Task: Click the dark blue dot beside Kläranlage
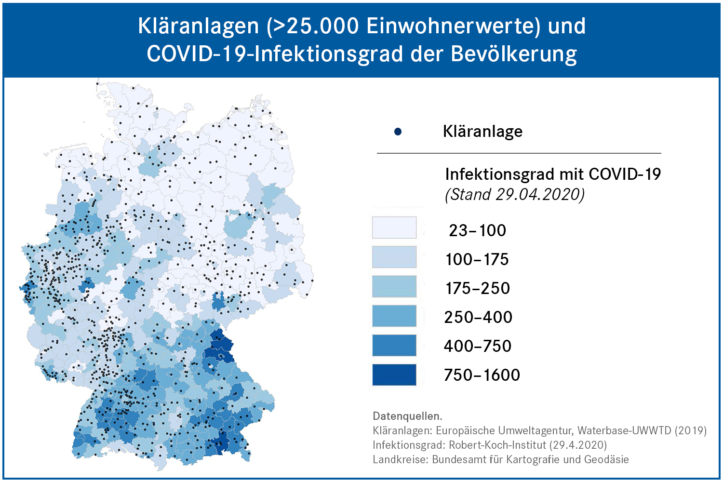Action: click(398, 132)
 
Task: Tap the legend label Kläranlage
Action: click(482, 132)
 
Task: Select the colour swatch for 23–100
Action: click(394, 228)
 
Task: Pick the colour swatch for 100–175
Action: click(394, 257)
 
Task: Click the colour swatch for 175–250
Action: click(394, 286)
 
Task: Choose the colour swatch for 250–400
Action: click(394, 316)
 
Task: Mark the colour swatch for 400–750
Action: click(394, 345)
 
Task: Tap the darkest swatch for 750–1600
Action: click(394, 375)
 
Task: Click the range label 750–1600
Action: click(482, 375)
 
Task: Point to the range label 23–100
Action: click(477, 230)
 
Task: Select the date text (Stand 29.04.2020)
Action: click(514, 195)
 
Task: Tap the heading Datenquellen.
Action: click(407, 416)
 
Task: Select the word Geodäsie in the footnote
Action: click(606, 459)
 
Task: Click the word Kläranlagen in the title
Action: click(198, 26)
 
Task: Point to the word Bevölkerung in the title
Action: click(514, 54)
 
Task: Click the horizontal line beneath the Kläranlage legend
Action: click(519, 153)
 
